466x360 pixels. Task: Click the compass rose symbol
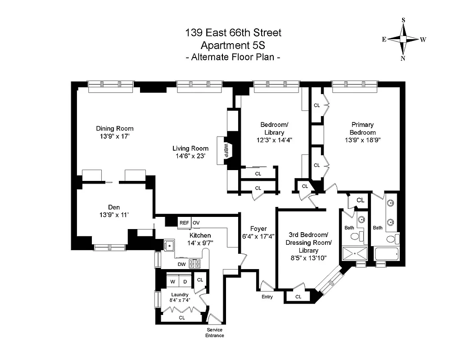403,39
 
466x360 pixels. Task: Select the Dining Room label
114,128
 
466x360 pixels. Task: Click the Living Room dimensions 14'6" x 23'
190,157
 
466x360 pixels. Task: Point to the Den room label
114,207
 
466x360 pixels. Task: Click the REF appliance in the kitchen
184,223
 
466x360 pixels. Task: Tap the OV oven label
196,223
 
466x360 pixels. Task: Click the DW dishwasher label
181,265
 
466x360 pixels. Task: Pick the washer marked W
172,282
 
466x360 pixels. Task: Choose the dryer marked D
185,282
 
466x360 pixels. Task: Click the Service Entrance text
214,333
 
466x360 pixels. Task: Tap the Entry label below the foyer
267,297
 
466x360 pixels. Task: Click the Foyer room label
259,229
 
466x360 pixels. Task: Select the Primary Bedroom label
363,128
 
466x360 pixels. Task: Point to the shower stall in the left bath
355,254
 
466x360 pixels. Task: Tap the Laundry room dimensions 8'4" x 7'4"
180,300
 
